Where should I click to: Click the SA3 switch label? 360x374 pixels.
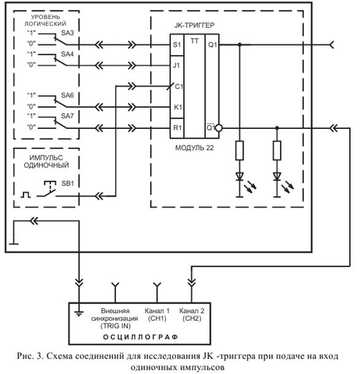click(68, 33)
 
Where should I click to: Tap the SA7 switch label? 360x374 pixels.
click(68, 116)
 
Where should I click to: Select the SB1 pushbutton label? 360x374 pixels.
click(68, 184)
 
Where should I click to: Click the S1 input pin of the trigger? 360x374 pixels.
click(177, 45)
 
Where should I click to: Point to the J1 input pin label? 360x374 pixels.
click(176, 65)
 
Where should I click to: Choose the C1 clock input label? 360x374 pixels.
click(179, 87)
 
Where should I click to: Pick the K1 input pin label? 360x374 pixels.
click(178, 107)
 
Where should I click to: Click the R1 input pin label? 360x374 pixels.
click(178, 128)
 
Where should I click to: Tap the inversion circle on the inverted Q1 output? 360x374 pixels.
click(219, 128)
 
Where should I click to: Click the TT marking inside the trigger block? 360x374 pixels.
click(194, 41)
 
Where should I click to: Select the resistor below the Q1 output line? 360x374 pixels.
click(240, 150)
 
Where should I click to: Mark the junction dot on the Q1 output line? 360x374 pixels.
click(240, 45)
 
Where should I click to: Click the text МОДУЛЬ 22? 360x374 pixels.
click(194, 148)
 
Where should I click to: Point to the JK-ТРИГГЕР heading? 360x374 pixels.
click(194, 25)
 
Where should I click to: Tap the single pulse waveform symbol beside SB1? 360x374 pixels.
click(26, 195)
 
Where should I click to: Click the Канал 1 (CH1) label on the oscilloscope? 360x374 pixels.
click(157, 314)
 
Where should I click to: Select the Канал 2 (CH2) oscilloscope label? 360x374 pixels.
click(192, 314)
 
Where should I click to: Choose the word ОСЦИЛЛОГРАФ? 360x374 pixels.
click(141, 337)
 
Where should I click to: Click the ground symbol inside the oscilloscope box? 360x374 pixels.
click(79, 313)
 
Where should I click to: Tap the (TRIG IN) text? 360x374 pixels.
click(115, 326)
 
